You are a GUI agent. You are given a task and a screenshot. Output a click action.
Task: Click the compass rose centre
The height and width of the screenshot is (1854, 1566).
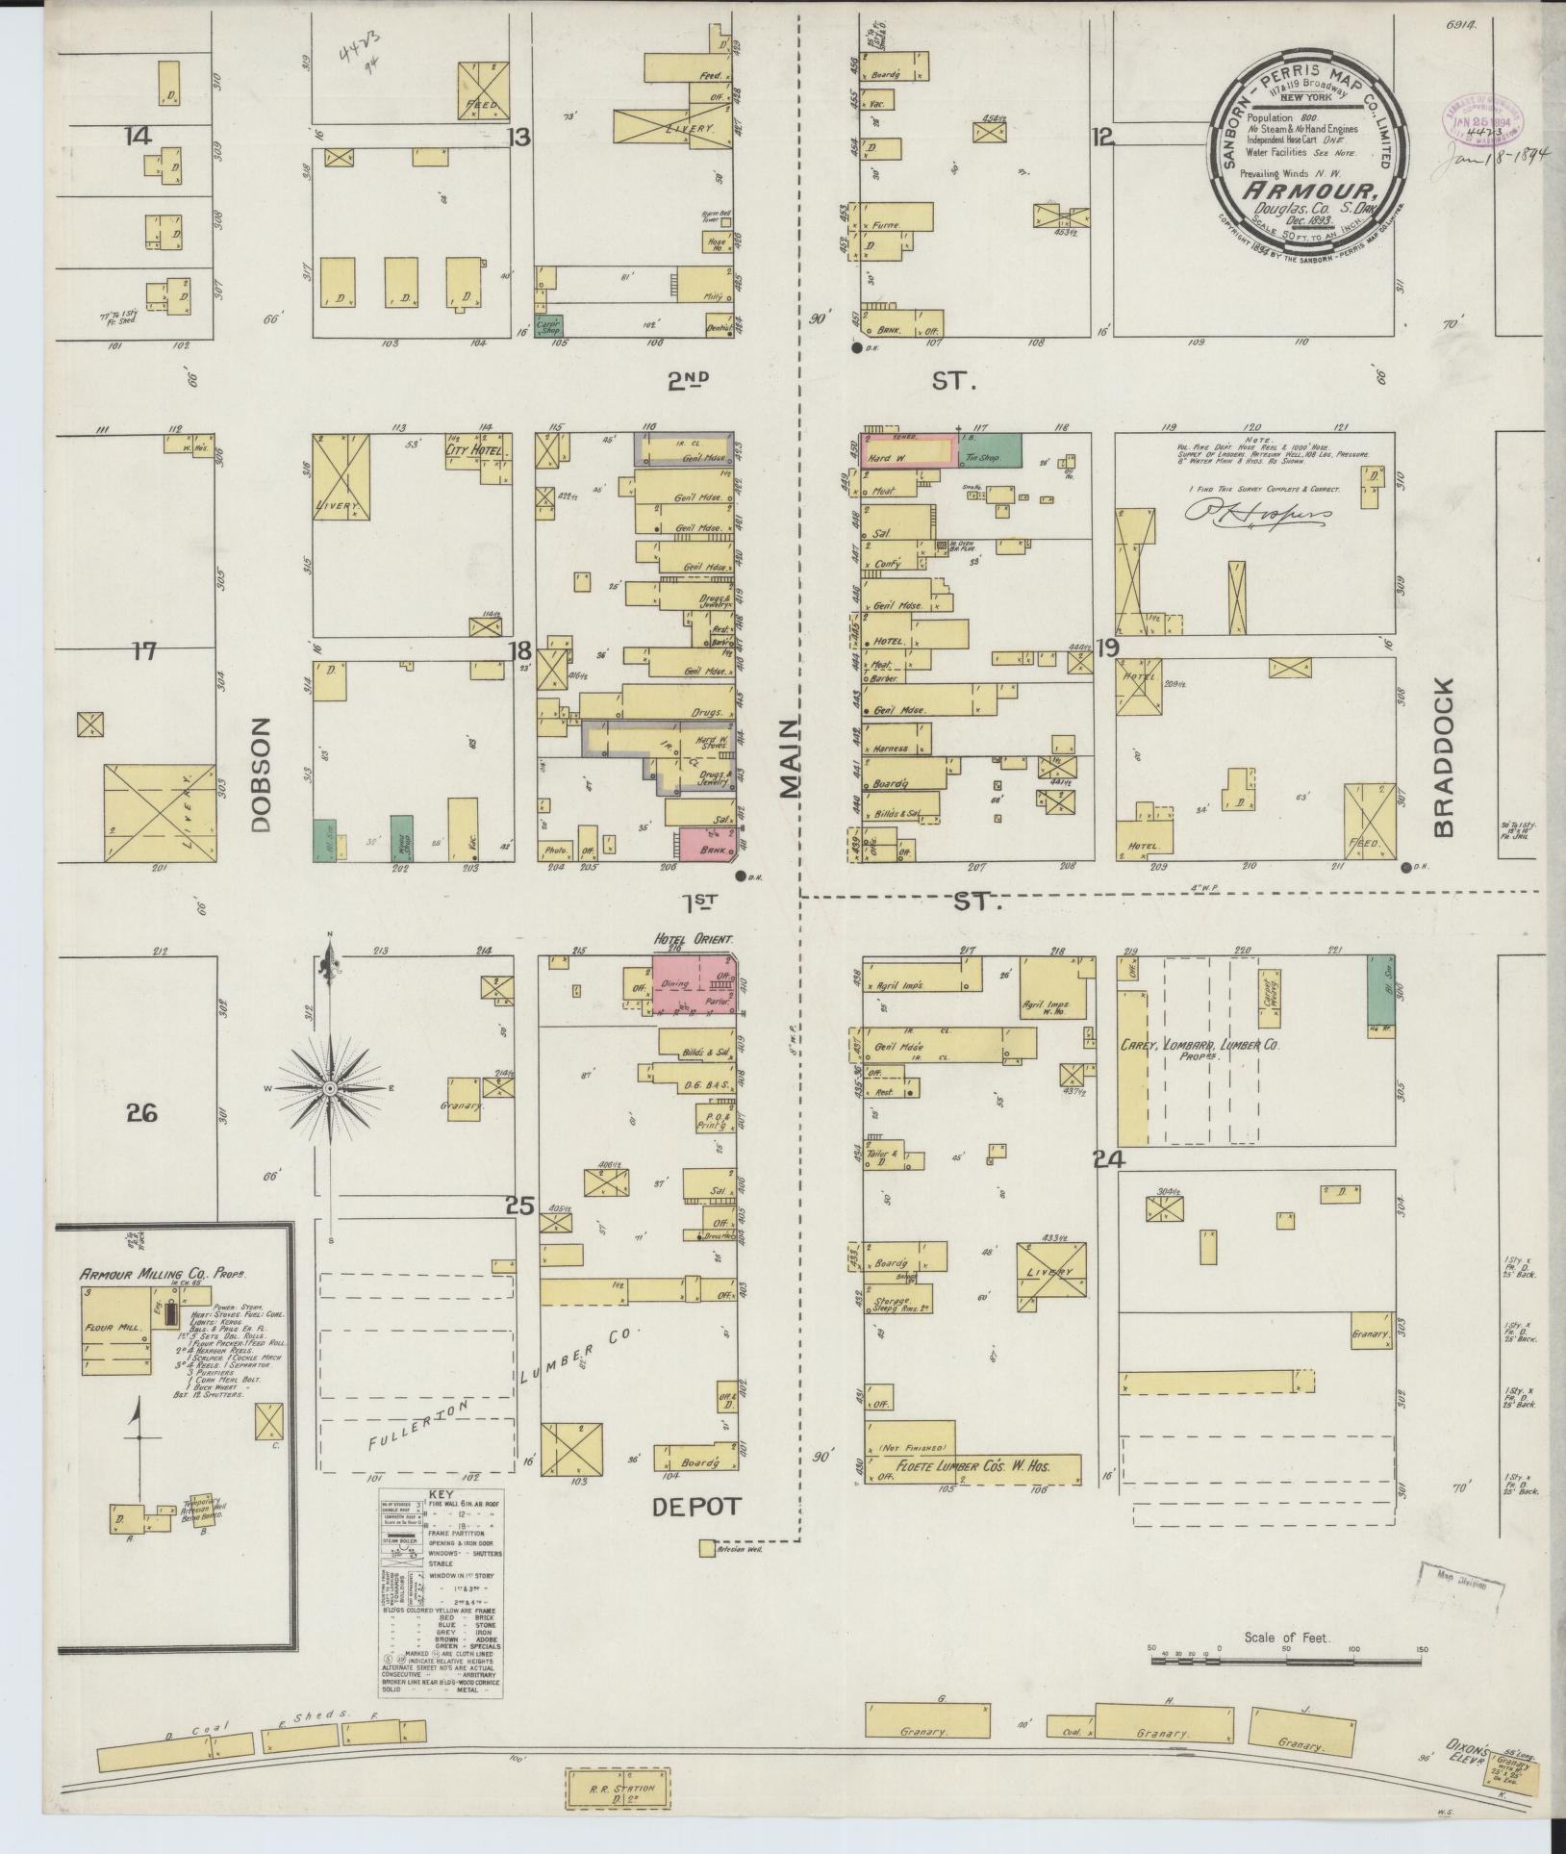(x=329, y=1088)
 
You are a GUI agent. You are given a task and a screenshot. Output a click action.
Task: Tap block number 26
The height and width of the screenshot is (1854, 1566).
(x=140, y=1113)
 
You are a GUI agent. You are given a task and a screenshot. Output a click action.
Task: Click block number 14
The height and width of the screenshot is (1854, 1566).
(x=138, y=136)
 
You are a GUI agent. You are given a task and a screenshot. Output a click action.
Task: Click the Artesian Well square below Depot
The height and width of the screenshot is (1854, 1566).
(x=707, y=1549)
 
